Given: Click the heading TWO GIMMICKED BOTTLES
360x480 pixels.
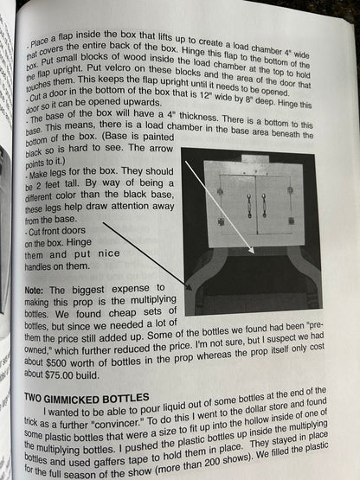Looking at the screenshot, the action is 87,399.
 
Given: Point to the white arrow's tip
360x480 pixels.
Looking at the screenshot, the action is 254,252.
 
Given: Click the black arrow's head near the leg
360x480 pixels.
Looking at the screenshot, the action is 189,287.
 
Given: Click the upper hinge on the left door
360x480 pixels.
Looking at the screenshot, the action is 221,192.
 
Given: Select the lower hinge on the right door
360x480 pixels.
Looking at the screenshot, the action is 292,221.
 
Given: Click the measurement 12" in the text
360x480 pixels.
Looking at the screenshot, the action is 205,95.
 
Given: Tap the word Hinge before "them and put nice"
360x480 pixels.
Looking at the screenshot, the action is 79,242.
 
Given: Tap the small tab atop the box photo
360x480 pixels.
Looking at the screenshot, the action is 255,159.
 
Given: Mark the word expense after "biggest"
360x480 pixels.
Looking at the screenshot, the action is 131,289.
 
